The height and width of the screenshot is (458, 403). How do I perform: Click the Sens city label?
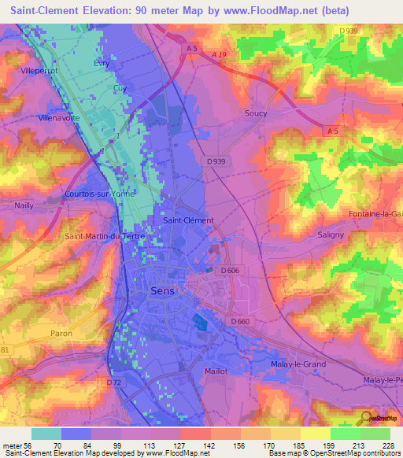[163, 291]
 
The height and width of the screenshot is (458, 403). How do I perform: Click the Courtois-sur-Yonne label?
[100, 193]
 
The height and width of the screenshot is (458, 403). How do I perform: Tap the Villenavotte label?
[60, 118]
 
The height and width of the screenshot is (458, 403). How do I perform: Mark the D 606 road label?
[231, 271]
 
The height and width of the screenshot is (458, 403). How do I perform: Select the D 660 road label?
[241, 321]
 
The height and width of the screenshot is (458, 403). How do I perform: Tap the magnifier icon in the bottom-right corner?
[365, 418]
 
